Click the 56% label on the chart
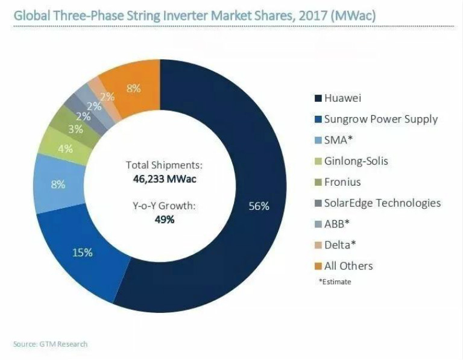(259, 206)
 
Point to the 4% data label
(65, 148)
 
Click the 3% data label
(75, 129)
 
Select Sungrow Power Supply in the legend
(380, 119)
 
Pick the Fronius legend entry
(343, 182)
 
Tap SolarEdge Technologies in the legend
(382, 203)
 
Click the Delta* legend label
(340, 245)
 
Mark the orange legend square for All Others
(317, 266)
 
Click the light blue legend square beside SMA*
(317, 141)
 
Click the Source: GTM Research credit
(50, 344)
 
